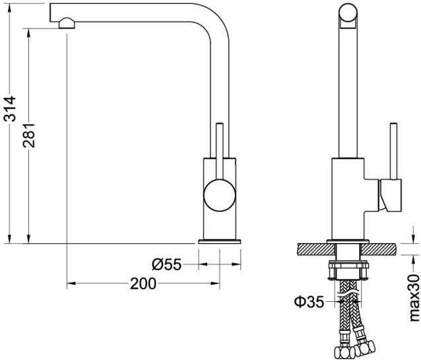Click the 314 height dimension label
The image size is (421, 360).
click(x=9, y=109)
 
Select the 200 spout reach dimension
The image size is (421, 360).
click(x=143, y=284)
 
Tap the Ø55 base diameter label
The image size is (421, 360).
click(x=166, y=265)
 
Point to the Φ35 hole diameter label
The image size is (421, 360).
click(x=309, y=302)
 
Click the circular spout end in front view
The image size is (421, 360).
click(x=348, y=14)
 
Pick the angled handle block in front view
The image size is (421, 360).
click(x=389, y=196)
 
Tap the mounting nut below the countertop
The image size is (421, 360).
click(x=348, y=270)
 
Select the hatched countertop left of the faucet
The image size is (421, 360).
click(x=316, y=249)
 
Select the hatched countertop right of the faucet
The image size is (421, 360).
click(x=381, y=249)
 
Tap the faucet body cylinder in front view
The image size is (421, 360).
click(x=347, y=198)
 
